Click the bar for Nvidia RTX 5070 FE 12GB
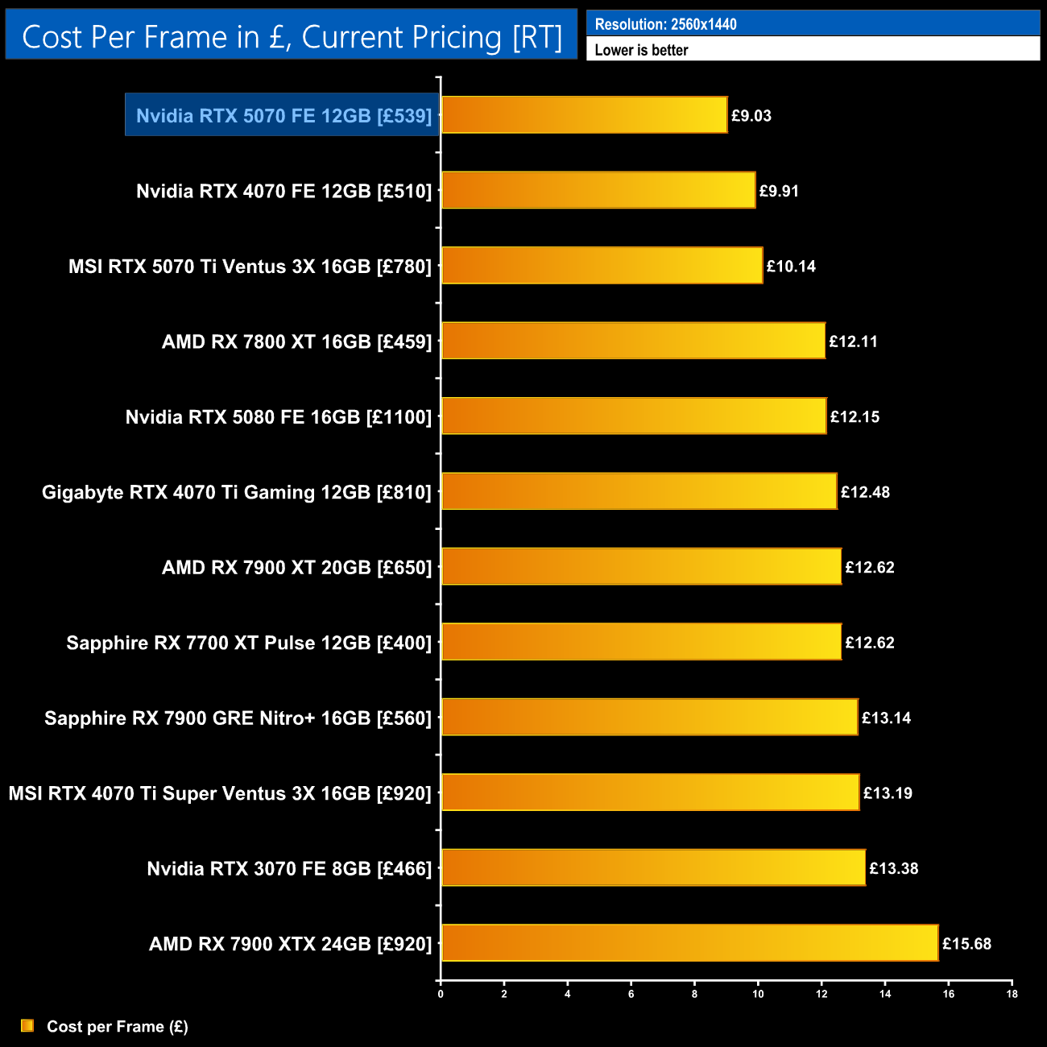584,115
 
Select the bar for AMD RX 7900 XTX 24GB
689,943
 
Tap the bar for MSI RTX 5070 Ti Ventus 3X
602,266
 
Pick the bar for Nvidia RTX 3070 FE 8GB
653,868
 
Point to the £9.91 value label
779,191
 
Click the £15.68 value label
966,943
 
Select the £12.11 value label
853,341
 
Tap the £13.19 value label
888,793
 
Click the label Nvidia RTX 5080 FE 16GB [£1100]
279,417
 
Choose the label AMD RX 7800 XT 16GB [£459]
296,341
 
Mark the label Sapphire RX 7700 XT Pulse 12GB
249,643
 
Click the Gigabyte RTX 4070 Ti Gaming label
237,492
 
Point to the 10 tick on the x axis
758,994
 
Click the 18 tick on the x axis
1012,994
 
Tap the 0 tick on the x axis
441,994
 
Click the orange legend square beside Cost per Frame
27,1026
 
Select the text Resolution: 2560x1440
665,24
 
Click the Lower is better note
641,50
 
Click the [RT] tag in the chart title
537,37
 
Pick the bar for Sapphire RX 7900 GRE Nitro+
649,718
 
